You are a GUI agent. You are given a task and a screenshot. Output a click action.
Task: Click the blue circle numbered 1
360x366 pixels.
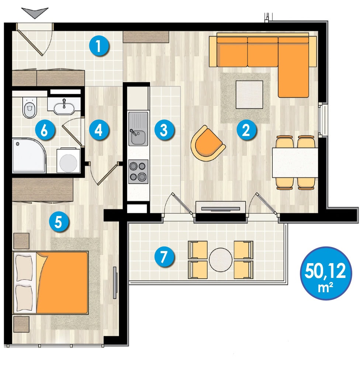99,46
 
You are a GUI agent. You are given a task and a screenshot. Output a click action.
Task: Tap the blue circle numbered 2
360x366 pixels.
246,130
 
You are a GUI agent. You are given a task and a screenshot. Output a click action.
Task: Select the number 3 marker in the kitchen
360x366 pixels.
164,130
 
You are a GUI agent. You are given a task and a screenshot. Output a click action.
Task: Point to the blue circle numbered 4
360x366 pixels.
99,130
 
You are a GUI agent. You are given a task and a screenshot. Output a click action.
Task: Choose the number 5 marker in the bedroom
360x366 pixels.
59,222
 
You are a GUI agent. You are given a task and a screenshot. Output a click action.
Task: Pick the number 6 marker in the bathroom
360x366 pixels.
45,130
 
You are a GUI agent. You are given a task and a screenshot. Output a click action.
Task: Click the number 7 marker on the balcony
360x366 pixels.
164,257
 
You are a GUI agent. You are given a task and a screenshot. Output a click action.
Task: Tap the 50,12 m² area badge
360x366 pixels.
326,273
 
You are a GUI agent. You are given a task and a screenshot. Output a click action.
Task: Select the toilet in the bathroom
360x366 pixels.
30,107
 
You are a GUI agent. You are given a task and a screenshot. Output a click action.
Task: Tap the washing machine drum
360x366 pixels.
68,163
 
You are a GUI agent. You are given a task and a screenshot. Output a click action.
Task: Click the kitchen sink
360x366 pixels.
138,129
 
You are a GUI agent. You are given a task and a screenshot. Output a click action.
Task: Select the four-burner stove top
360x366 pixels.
138,171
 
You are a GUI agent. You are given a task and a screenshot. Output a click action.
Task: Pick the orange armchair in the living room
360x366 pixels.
207,143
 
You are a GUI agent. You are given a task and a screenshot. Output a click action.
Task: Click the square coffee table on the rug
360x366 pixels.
249,94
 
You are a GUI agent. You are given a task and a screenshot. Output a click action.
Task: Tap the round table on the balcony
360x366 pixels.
221,259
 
